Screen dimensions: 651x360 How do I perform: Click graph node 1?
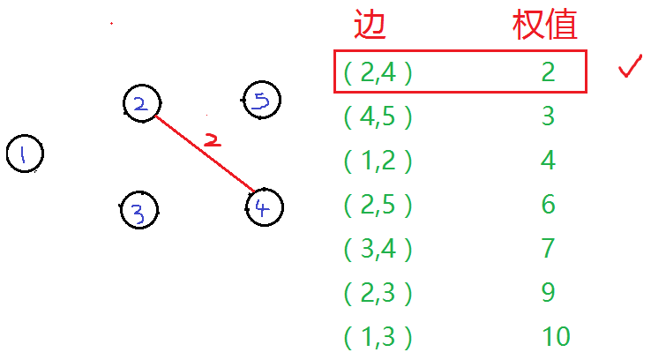pos(24,154)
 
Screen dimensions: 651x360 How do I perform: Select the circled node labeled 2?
pos(140,103)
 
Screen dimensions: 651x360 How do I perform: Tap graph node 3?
pos(138,211)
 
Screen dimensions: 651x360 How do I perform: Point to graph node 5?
pos(261,101)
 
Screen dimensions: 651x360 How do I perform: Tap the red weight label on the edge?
pos(210,139)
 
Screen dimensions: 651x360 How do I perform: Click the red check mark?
pos(631,69)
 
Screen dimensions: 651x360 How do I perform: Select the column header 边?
pos(370,26)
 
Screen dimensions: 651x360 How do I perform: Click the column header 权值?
pos(545,26)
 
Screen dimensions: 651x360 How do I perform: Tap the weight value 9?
pos(548,292)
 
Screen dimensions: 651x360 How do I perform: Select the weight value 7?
pos(548,248)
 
